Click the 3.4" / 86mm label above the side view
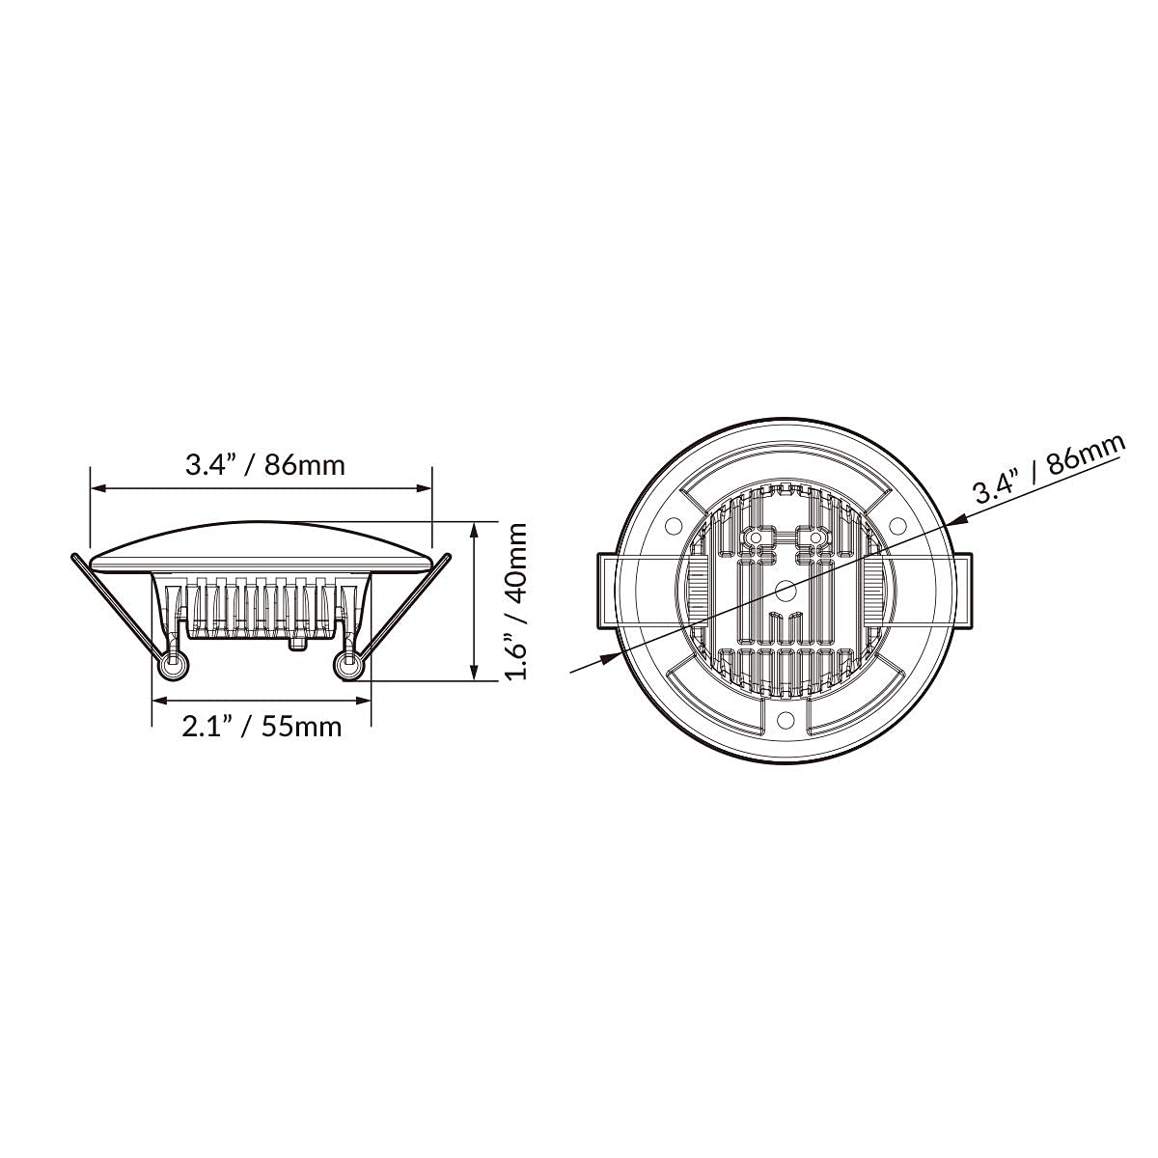click(264, 465)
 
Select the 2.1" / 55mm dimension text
click(262, 726)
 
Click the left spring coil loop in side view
click(174, 666)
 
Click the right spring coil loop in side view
click(347, 666)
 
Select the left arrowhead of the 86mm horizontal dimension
click(97, 489)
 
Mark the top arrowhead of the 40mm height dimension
click(475, 532)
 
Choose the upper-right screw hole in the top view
click(896, 525)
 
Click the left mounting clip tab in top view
click(605, 589)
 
